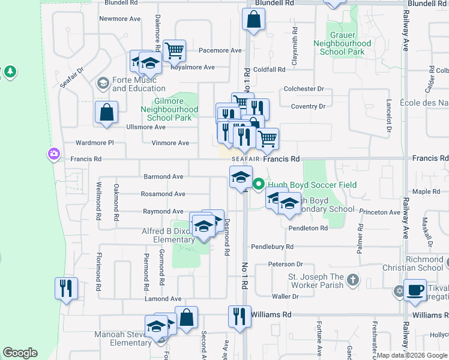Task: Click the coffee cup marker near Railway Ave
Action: pyautogui.click(x=415, y=290)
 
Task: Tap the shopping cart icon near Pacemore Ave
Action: pyautogui.click(x=174, y=50)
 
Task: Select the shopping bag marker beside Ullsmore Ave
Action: pyautogui.click(x=106, y=112)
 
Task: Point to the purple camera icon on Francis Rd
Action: pyautogui.click(x=54, y=155)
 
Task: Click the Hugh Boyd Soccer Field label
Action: pyautogui.click(x=312, y=185)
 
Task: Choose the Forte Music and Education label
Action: pyautogui.click(x=139, y=84)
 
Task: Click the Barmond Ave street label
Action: pyautogui.click(x=163, y=177)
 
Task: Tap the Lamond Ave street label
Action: pyautogui.click(x=163, y=299)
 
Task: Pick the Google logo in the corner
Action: pyautogui.click(x=20, y=353)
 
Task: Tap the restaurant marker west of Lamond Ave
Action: pyautogui.click(x=65, y=288)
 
